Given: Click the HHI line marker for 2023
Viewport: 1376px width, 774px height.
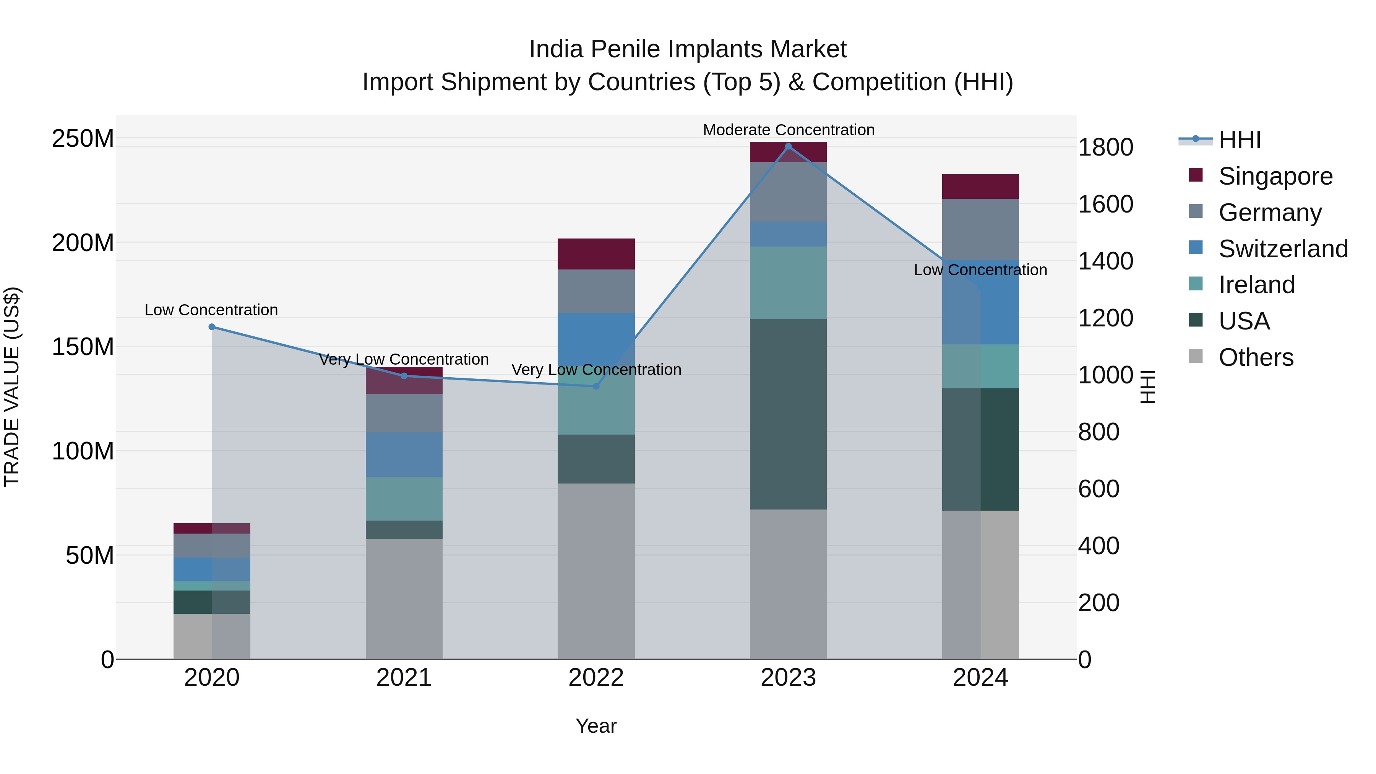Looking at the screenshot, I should [x=789, y=146].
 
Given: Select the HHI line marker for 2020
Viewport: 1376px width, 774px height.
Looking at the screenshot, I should [x=212, y=327].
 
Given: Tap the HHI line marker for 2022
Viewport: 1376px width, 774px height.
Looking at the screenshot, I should [x=597, y=386].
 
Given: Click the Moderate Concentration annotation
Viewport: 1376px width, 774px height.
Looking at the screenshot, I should [x=789, y=130].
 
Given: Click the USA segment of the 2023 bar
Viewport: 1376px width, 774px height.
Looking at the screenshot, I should [x=789, y=414].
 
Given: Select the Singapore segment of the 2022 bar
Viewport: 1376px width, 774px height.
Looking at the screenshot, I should [x=596, y=254].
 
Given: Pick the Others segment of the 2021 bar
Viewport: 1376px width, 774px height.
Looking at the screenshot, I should [x=404, y=598].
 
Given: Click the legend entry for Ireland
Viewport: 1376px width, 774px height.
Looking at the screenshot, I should [x=1256, y=285].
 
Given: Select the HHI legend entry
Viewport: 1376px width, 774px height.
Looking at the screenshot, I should [x=1239, y=140].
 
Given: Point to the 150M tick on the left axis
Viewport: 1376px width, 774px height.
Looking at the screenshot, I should [x=83, y=347].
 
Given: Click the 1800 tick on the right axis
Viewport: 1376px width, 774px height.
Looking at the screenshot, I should [x=1105, y=148].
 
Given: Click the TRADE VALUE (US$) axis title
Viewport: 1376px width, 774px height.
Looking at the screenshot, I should [x=12, y=387].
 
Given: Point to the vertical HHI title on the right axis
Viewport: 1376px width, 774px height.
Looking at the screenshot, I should [x=1147, y=387].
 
